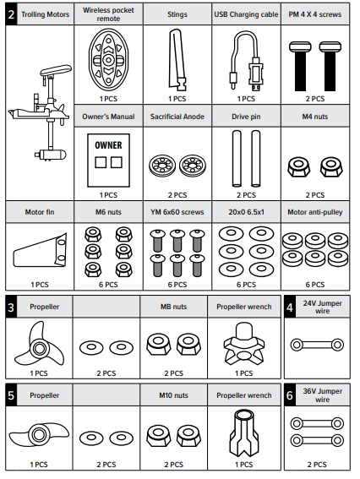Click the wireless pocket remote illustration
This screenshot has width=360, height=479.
click(108, 60)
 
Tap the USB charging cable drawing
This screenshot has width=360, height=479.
click(246, 61)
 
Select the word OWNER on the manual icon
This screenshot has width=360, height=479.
click(108, 145)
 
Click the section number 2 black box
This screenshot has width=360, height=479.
click(11, 14)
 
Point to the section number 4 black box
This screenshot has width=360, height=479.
click(290, 307)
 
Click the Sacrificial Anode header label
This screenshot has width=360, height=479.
click(177, 117)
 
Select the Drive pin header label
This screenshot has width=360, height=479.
click(246, 117)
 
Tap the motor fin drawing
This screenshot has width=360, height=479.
click(40, 251)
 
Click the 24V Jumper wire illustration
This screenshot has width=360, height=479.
click(317, 345)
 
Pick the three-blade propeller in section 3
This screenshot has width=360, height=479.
click(39, 346)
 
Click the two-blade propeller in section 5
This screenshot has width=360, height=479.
click(39, 433)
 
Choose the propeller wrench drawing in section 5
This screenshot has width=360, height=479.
click(244, 433)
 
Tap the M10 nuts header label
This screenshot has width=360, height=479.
click(173, 395)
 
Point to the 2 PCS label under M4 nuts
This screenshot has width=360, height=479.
click(315, 195)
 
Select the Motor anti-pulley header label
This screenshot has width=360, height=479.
click(315, 212)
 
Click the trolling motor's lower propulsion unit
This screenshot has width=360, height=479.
click(51, 154)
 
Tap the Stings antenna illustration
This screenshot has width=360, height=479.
click(177, 60)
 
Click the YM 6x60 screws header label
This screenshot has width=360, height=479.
click(177, 212)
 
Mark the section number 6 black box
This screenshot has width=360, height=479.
click(290, 395)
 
